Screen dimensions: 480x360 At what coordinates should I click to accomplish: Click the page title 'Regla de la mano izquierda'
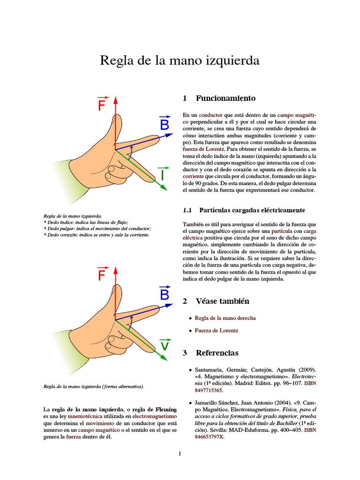[x=180, y=61]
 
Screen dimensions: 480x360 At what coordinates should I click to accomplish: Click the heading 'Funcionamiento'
[x=225, y=98]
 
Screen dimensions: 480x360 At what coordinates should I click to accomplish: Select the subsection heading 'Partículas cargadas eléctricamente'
[x=252, y=210]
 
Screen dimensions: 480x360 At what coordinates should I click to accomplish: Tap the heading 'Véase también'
[x=222, y=301]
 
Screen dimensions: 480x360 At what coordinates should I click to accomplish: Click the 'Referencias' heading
[x=217, y=352]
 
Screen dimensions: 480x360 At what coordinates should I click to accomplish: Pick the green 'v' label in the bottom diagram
[x=165, y=345]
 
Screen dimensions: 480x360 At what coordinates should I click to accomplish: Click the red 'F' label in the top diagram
[x=101, y=105]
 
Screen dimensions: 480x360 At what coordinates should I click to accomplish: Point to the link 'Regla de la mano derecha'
[x=225, y=318]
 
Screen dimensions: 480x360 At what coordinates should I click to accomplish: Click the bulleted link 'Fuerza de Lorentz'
[x=216, y=330]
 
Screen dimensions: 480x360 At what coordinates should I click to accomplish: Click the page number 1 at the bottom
[x=180, y=454]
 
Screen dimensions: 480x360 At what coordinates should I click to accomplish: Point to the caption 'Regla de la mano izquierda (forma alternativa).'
[x=93, y=387]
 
